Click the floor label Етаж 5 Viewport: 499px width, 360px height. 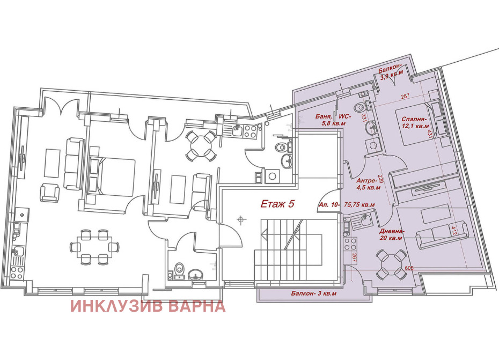pos(277,204)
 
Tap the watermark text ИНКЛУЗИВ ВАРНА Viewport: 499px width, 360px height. pos(148,306)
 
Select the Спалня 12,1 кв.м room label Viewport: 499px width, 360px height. pos(415,122)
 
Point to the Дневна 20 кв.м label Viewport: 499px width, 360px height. pos(392,234)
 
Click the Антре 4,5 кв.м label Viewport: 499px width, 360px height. pos(369,184)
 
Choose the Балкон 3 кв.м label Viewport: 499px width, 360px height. pos(314,293)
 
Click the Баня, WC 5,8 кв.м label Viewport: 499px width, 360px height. pos(333,120)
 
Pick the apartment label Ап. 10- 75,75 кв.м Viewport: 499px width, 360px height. pos(347,205)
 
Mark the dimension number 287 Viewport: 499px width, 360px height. pos(405,96)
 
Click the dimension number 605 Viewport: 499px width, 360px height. pos(409,268)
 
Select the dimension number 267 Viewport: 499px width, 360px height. pos(354,257)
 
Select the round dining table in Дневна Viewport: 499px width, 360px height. pos(390,264)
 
